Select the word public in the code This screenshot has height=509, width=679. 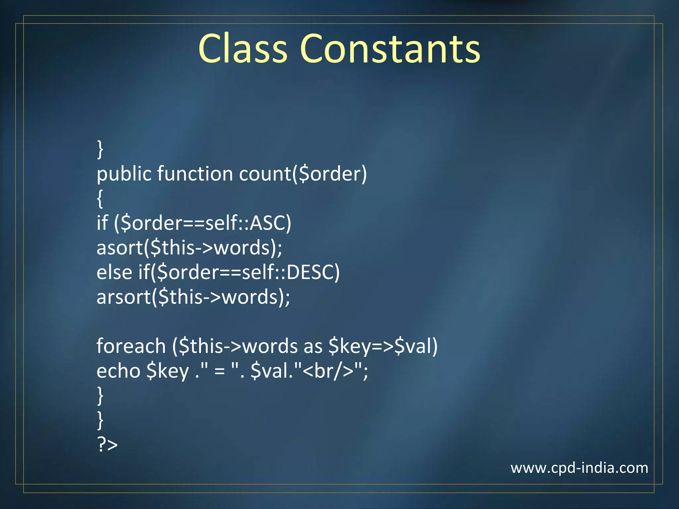point(124,174)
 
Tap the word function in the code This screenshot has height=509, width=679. point(195,174)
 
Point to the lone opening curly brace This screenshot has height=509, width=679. point(100,198)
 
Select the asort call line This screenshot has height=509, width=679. point(189,248)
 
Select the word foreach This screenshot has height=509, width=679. point(131,346)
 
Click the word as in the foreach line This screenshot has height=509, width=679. point(313,346)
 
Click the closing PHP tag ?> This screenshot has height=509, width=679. point(107,445)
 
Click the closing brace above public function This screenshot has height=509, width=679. point(100,149)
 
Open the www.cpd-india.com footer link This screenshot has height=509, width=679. point(579,468)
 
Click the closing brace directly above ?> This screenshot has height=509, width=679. point(100,420)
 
